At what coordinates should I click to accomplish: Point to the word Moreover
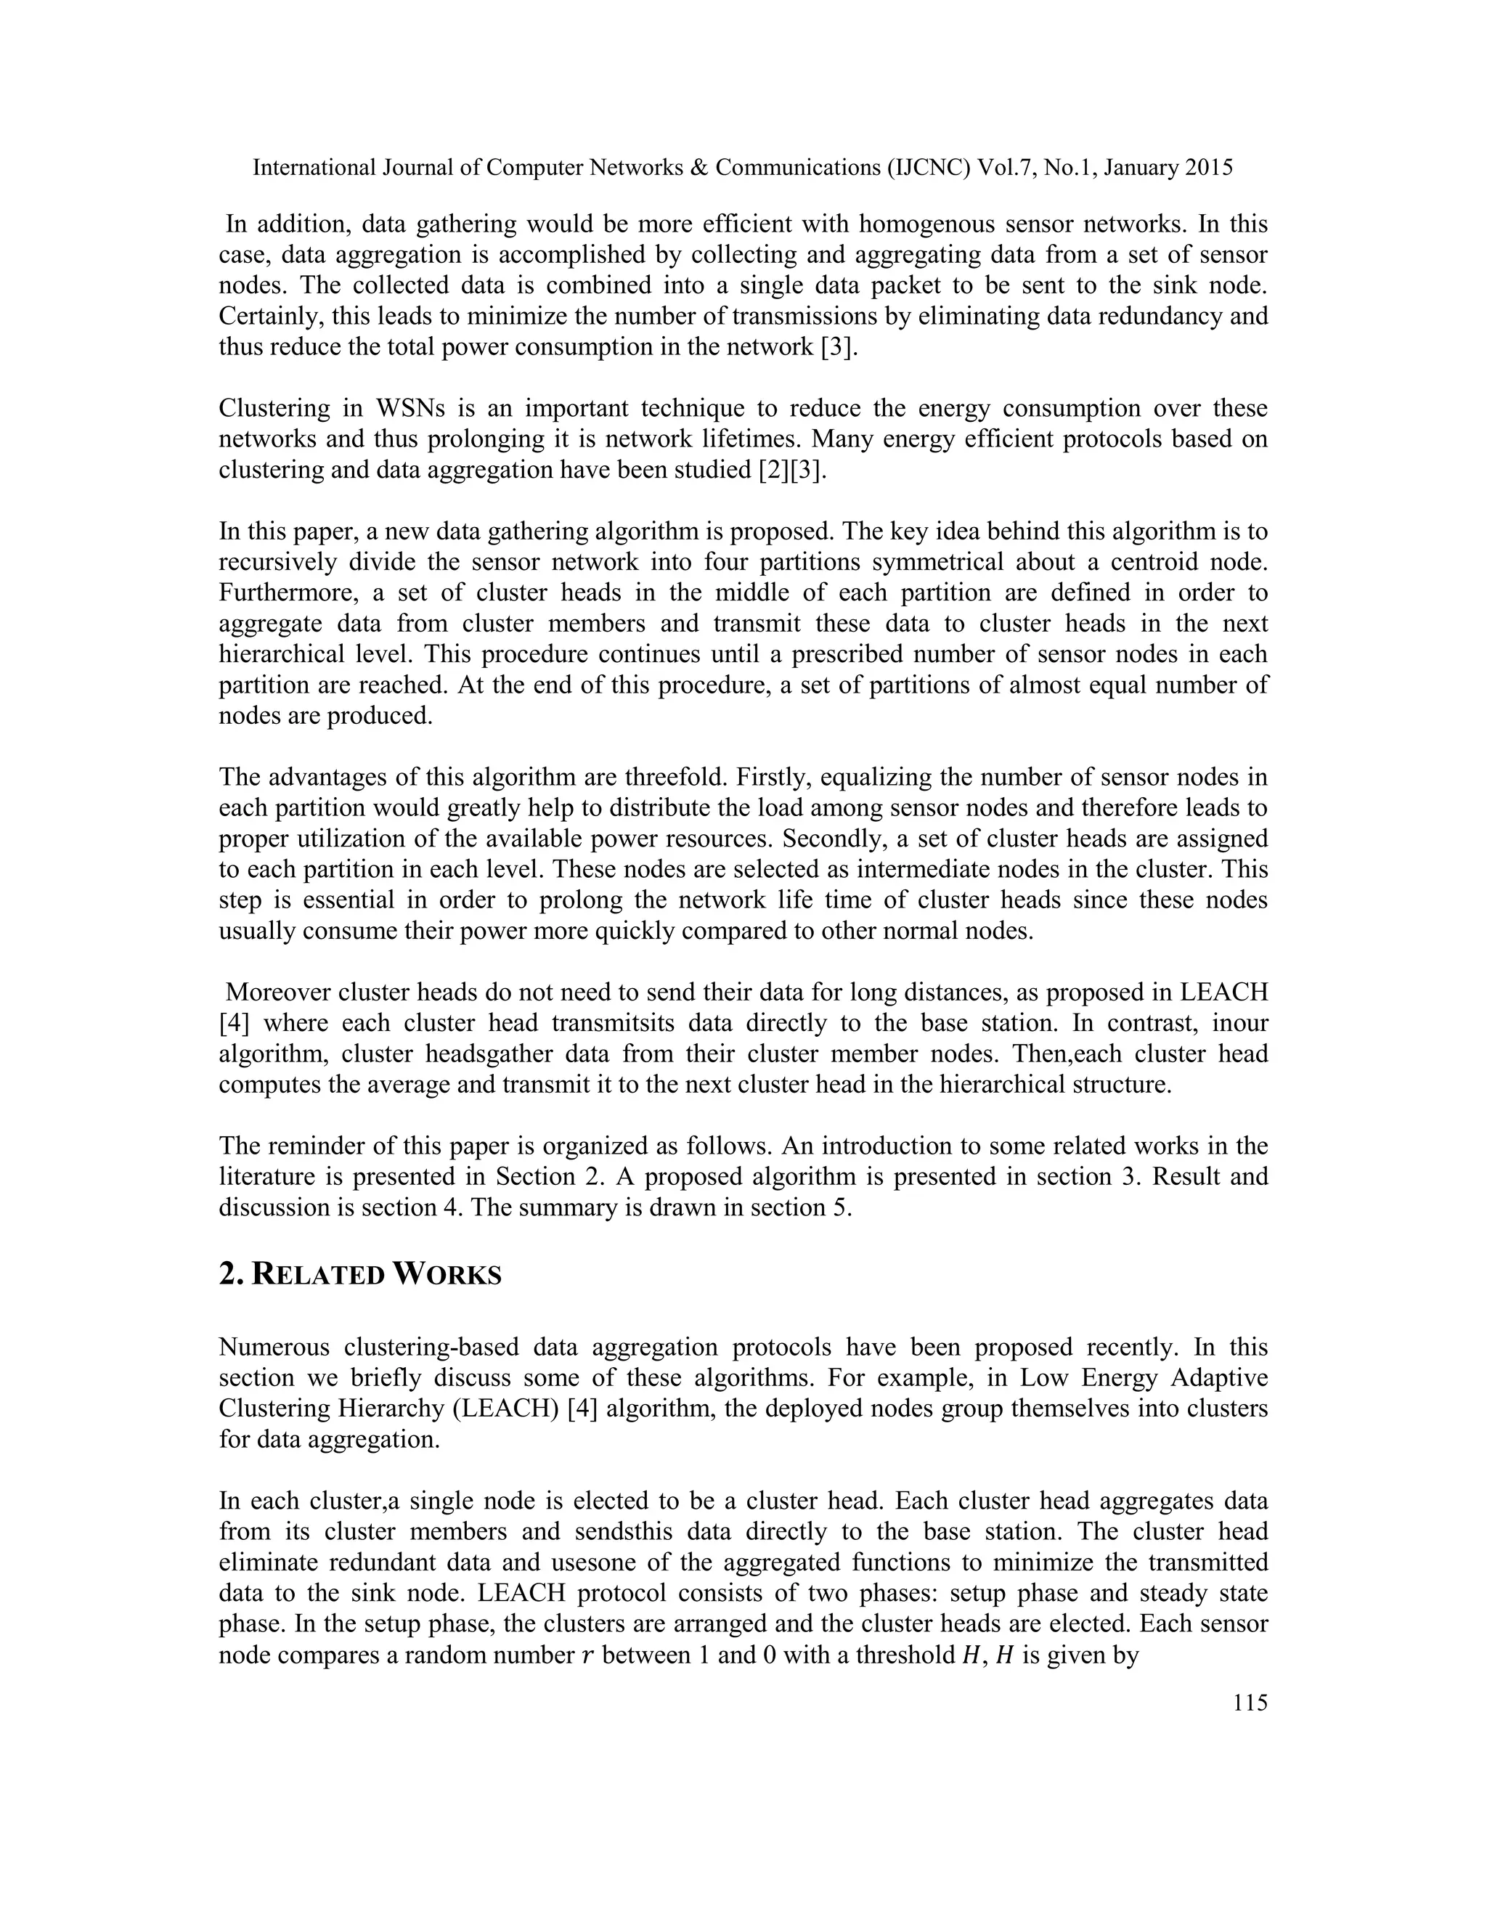click(x=277, y=992)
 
